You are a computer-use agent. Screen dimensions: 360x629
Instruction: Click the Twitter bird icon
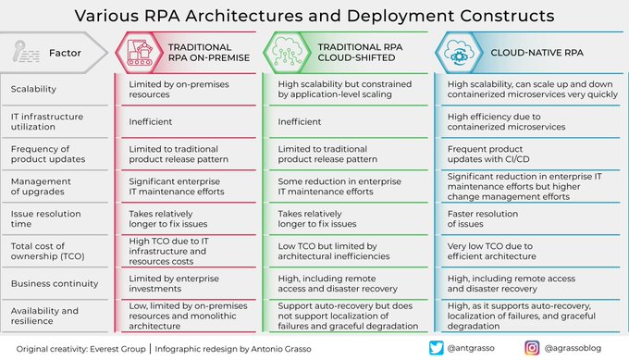(438, 347)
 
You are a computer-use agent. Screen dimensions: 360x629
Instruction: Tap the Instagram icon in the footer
(532, 347)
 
